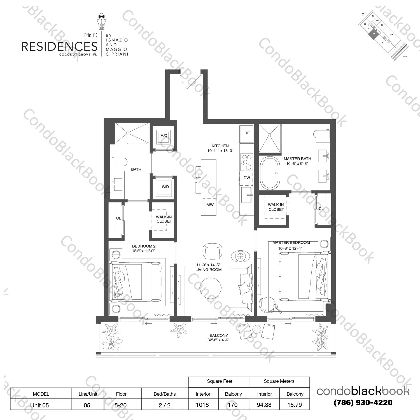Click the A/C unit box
tap(164, 136)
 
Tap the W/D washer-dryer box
tap(165, 187)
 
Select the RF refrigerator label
tap(247, 133)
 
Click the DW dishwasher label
tap(247, 178)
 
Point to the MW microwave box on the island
tap(210, 205)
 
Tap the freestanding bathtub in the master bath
tap(270, 173)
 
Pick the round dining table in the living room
tap(211, 288)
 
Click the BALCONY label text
tap(219, 335)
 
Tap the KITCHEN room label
tap(220, 146)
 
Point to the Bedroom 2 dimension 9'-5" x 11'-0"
tap(144, 251)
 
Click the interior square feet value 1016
tap(202, 405)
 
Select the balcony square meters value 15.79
tap(295, 405)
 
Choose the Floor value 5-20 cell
tap(121, 405)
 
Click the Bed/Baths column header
tap(165, 394)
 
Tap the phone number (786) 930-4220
tap(363, 403)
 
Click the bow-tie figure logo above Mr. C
tap(101, 22)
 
